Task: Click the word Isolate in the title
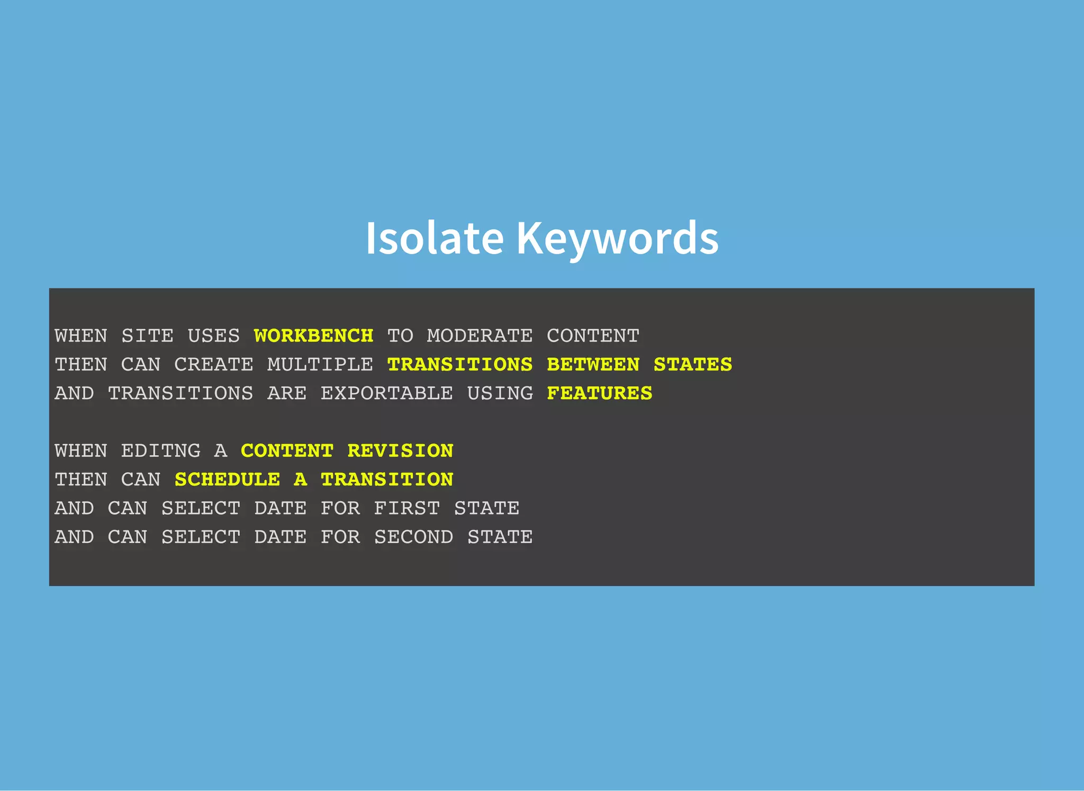[x=434, y=238]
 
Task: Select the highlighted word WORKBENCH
[x=313, y=336]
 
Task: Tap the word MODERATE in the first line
[x=480, y=336]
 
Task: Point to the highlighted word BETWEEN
[x=593, y=364]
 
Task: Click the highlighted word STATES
[x=692, y=364]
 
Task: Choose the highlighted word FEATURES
[x=599, y=393]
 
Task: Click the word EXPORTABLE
[x=386, y=393]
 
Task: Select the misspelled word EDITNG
[x=161, y=451]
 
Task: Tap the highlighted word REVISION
[x=400, y=451]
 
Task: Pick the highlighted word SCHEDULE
[x=228, y=479]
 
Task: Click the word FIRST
[x=406, y=508]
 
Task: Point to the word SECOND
[x=413, y=537]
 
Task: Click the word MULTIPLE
[x=320, y=364]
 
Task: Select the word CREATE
[x=214, y=364]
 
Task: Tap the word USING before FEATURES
[x=500, y=393]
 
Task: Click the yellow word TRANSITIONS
[x=459, y=364]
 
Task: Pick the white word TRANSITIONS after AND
[x=180, y=393]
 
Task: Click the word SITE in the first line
[x=147, y=336]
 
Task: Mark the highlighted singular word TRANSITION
[x=387, y=479]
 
